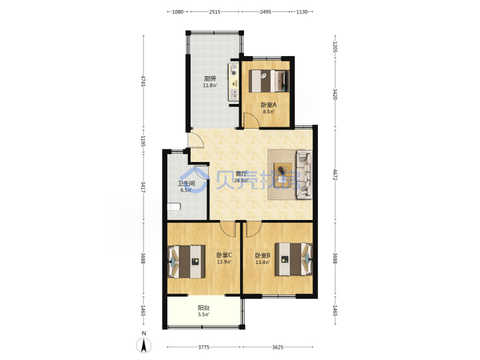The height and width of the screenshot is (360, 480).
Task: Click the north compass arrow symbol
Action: pos(143,345)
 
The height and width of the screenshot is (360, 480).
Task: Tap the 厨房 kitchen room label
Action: pos(210,79)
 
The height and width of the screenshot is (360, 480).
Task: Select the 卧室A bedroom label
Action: pos(269,105)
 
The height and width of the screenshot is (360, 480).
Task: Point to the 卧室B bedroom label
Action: pos(263,255)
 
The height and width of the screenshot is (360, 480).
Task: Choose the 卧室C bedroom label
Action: pos(224,255)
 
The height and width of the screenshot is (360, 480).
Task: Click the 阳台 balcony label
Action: pos(203,307)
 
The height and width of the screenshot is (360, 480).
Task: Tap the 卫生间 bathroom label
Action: pos(187,183)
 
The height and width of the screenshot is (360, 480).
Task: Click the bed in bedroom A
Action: pos(269,81)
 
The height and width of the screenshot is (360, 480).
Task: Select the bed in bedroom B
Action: pos(294,259)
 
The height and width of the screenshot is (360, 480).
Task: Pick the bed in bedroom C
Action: pos(186,261)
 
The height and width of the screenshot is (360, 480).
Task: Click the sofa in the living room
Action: pos(304,175)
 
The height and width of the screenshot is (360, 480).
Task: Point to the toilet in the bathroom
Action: pos(173,207)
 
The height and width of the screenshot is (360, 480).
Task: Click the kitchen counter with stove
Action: pos(233,82)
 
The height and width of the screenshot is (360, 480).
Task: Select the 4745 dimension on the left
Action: pos(143,81)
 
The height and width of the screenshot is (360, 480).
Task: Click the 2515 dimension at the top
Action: pos(215,12)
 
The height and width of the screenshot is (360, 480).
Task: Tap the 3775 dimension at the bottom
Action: pos(203,347)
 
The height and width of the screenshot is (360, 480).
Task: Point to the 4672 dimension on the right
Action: pos(335,175)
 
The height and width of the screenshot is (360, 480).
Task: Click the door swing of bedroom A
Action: pos(251,120)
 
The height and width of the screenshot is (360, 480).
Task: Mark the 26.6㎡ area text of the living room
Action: pos(241,180)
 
